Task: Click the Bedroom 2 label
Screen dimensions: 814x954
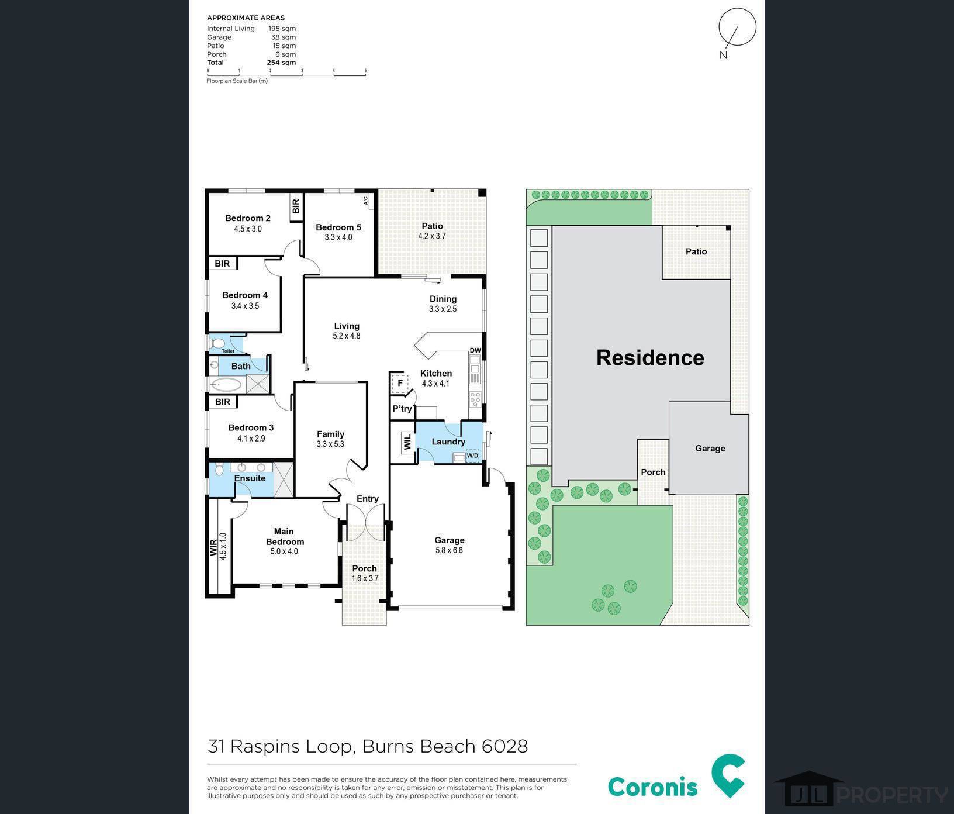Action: click(248, 218)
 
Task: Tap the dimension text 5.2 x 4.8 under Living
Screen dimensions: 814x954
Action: click(347, 336)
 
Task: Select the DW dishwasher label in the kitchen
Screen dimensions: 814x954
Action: click(475, 351)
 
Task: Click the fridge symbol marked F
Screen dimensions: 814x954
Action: click(400, 384)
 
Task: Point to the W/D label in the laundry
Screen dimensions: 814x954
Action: click(472, 456)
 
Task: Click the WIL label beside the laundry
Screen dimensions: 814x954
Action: click(407, 442)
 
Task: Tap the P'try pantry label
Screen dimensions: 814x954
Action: click(402, 409)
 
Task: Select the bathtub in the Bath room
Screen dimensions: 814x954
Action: click(226, 384)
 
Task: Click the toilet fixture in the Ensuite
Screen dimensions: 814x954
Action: click(219, 469)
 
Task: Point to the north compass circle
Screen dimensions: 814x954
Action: click(737, 27)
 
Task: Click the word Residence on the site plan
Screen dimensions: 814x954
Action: click(650, 358)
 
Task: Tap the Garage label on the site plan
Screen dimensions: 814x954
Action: click(710, 449)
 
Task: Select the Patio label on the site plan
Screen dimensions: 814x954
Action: click(696, 251)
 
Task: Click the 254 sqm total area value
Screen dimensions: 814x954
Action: click(281, 63)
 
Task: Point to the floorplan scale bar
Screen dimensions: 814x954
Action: click(286, 72)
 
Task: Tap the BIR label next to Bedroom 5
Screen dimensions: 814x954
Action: click(296, 206)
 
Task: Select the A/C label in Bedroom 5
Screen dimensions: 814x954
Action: click(366, 201)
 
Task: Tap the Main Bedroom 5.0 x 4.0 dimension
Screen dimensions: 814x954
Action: click(284, 551)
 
